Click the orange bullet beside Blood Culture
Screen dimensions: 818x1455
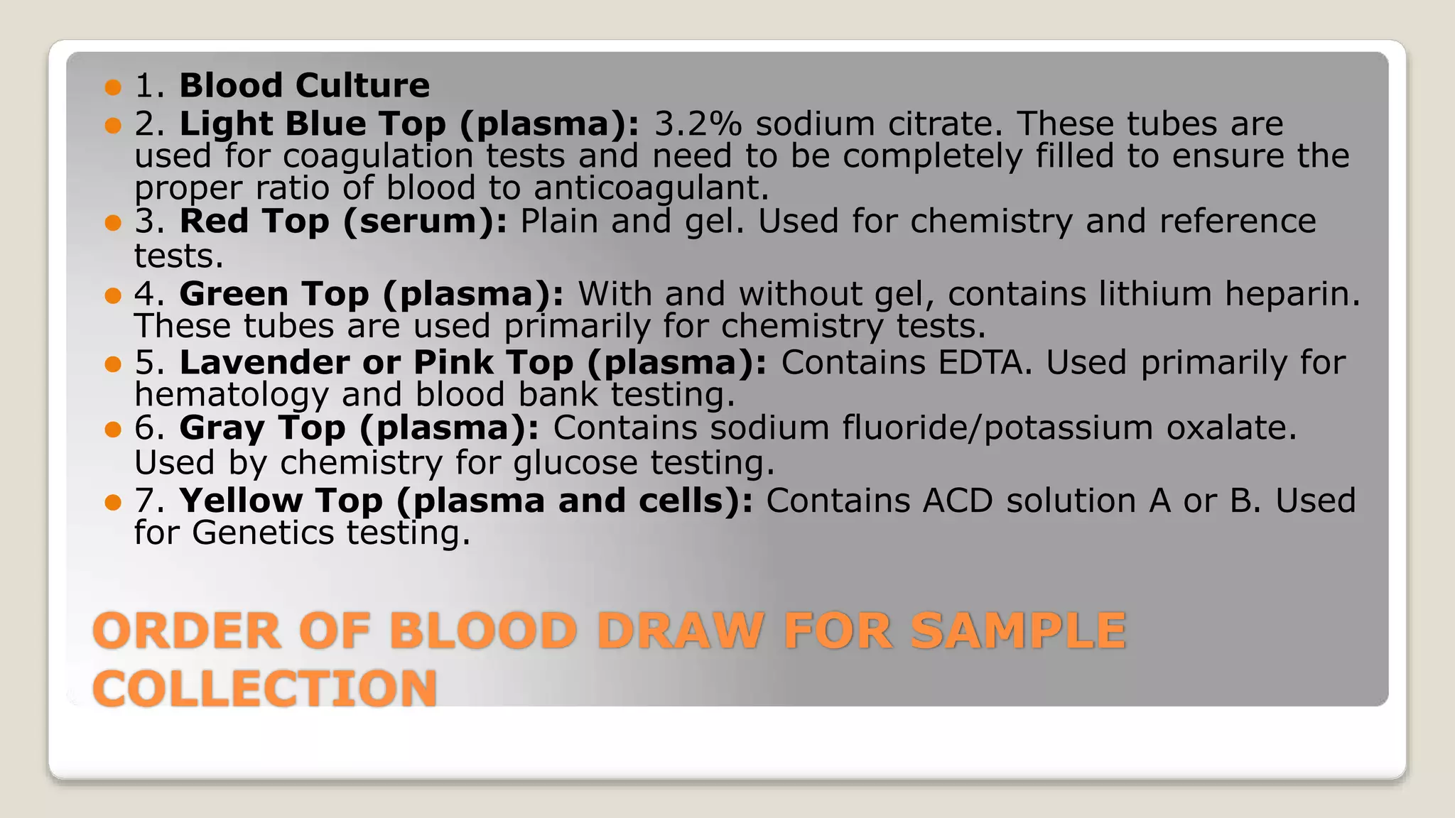click(113, 87)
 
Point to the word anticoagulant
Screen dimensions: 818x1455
click(651, 188)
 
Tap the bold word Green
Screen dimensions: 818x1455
click(234, 294)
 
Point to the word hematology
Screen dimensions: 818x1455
click(231, 396)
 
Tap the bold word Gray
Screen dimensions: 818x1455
click(222, 428)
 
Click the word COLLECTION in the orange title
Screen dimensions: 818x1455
click(264, 688)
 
